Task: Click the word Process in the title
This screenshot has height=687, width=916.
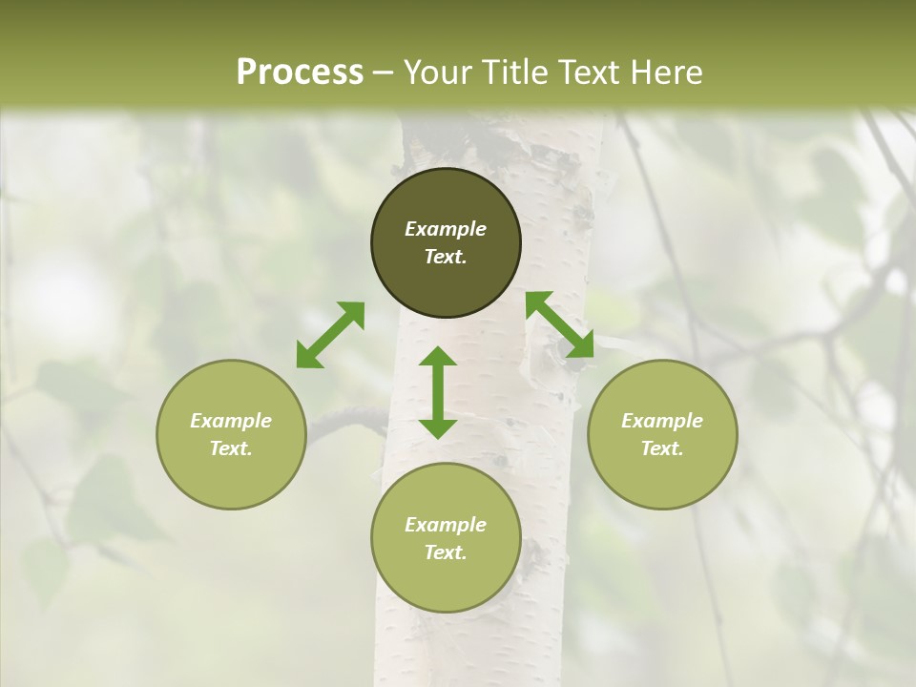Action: pos(300,73)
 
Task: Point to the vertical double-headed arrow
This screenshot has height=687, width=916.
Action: pos(438,392)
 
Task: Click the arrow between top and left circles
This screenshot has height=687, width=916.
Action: pos(330,335)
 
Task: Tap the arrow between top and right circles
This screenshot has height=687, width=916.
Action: pos(560,325)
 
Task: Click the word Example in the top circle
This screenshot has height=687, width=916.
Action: pos(446,229)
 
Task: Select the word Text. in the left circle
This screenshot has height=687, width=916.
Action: pos(231,448)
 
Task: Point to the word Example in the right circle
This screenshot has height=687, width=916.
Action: pos(662,421)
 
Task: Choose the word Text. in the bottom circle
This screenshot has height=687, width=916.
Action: pos(446,552)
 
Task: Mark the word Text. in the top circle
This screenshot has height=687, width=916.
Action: pos(446,257)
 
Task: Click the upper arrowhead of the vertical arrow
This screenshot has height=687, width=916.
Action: pos(438,358)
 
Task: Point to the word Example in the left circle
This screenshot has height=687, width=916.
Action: pos(231,421)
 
